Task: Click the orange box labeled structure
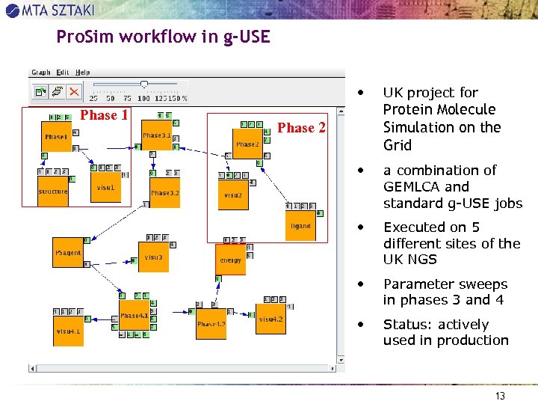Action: (x=53, y=191)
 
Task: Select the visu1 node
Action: (x=105, y=187)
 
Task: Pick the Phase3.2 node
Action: (x=165, y=192)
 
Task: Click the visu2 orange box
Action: (x=233, y=195)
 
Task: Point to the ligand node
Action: (x=300, y=225)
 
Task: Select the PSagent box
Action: (x=68, y=252)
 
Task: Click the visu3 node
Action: (x=153, y=257)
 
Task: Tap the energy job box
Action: (x=230, y=260)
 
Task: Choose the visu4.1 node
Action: (x=68, y=329)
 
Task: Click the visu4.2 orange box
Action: (x=270, y=319)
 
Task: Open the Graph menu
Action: (x=41, y=73)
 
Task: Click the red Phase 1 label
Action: (x=104, y=115)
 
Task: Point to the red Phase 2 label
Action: (x=301, y=128)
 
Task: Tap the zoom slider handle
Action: (x=144, y=85)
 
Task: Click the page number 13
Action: (x=501, y=396)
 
